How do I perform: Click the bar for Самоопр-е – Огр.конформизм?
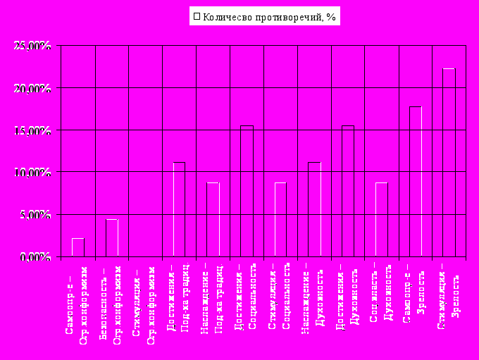(x=77, y=247)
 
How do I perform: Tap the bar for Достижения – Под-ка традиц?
(x=179, y=209)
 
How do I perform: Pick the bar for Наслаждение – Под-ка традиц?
(x=213, y=219)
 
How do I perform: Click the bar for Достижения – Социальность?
(x=247, y=191)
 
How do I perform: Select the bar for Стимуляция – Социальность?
(x=280, y=219)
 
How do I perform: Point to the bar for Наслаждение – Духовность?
(x=314, y=209)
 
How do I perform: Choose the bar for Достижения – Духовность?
(x=348, y=191)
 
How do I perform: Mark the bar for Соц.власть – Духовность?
(x=382, y=219)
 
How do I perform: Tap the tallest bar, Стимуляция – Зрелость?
(x=449, y=163)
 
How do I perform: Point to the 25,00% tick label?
(x=32, y=46)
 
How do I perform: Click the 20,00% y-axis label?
(x=32, y=88)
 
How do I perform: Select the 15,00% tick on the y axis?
(x=32, y=130)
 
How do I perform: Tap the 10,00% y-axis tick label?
(x=32, y=172)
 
